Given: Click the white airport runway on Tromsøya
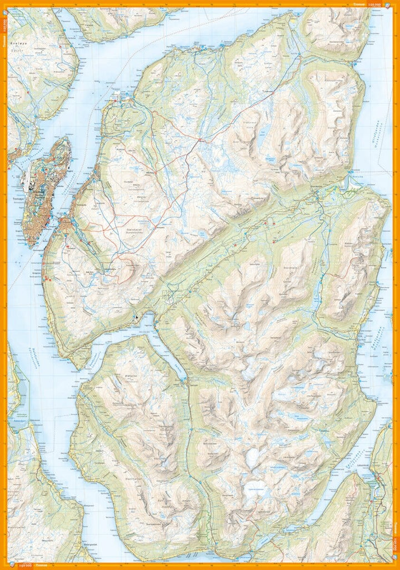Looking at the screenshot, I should click(25, 177).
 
